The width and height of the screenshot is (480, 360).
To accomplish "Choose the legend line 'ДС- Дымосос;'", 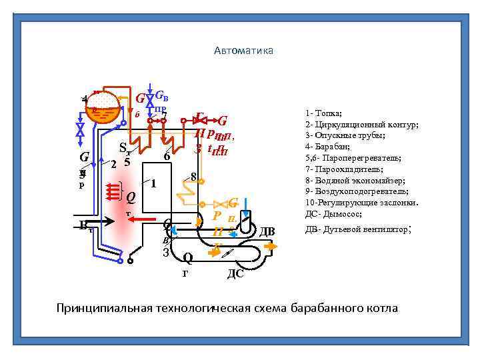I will pos(333,214).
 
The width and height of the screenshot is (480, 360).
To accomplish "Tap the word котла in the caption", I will pos(380,309).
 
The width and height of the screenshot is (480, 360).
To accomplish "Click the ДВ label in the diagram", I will pos(267,231).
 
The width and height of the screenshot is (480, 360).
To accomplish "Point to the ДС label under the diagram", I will pos(235,273).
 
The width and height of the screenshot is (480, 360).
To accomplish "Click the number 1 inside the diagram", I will pos(153,183).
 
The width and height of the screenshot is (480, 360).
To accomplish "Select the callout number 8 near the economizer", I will pos(193,177).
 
